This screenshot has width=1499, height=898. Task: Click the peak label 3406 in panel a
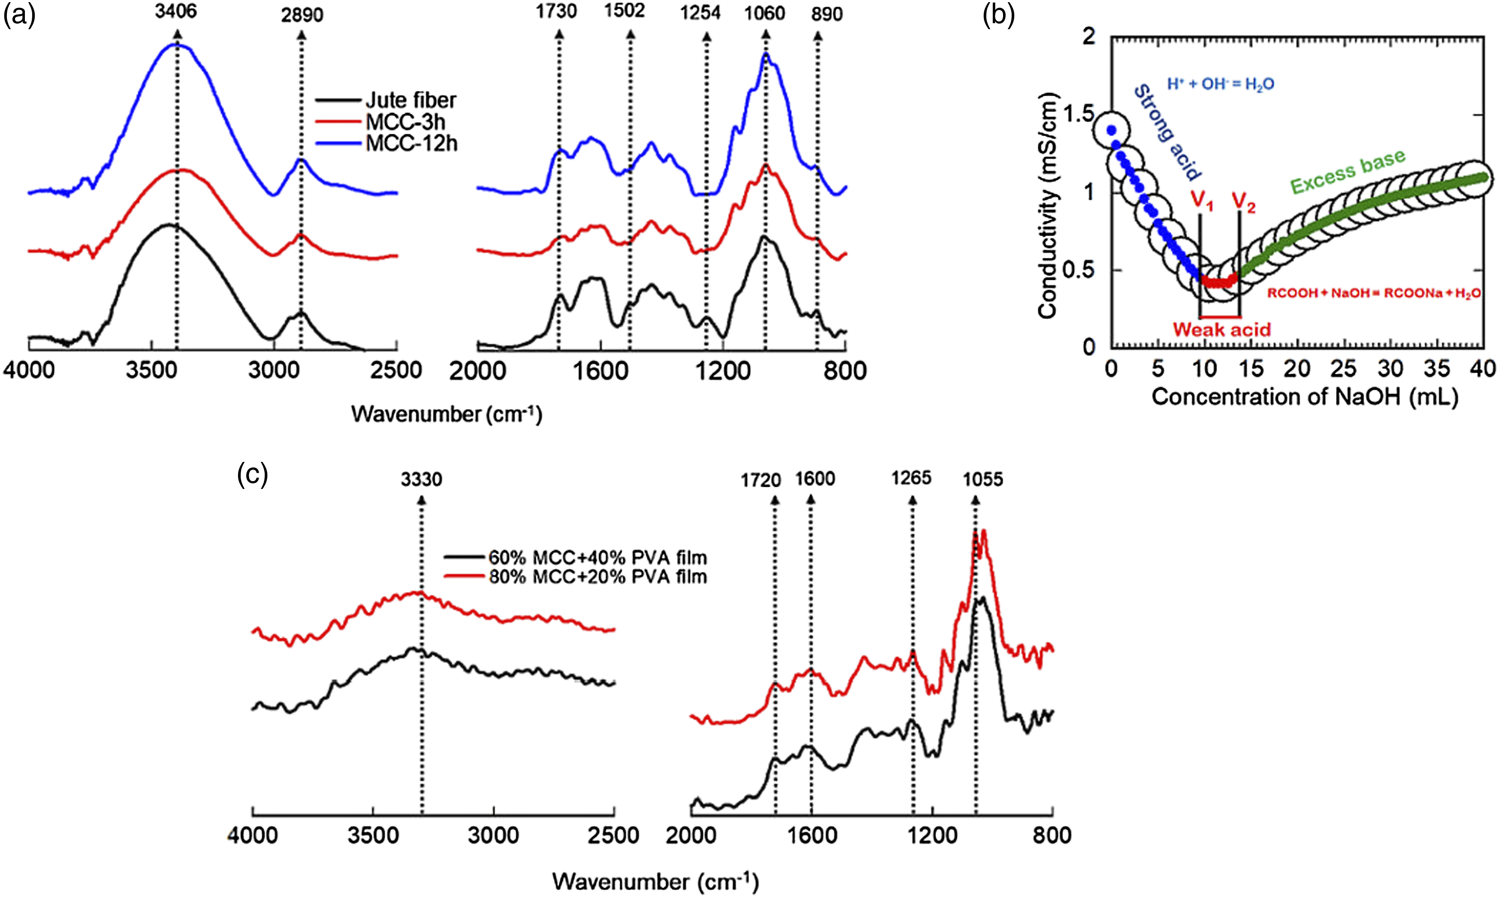click(175, 12)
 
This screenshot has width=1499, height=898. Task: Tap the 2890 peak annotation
click(302, 15)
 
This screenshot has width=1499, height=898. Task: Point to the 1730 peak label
click(556, 12)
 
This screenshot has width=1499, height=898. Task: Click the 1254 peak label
click(700, 13)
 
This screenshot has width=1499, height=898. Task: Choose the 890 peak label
click(827, 14)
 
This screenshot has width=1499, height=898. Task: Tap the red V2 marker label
click(1243, 203)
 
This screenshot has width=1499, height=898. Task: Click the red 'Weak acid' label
click(1222, 330)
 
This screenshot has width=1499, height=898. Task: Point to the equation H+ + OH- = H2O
click(1220, 84)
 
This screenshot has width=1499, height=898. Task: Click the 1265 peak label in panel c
click(911, 478)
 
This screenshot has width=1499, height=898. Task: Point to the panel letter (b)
click(998, 15)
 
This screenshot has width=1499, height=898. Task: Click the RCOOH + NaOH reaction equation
click(1374, 294)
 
